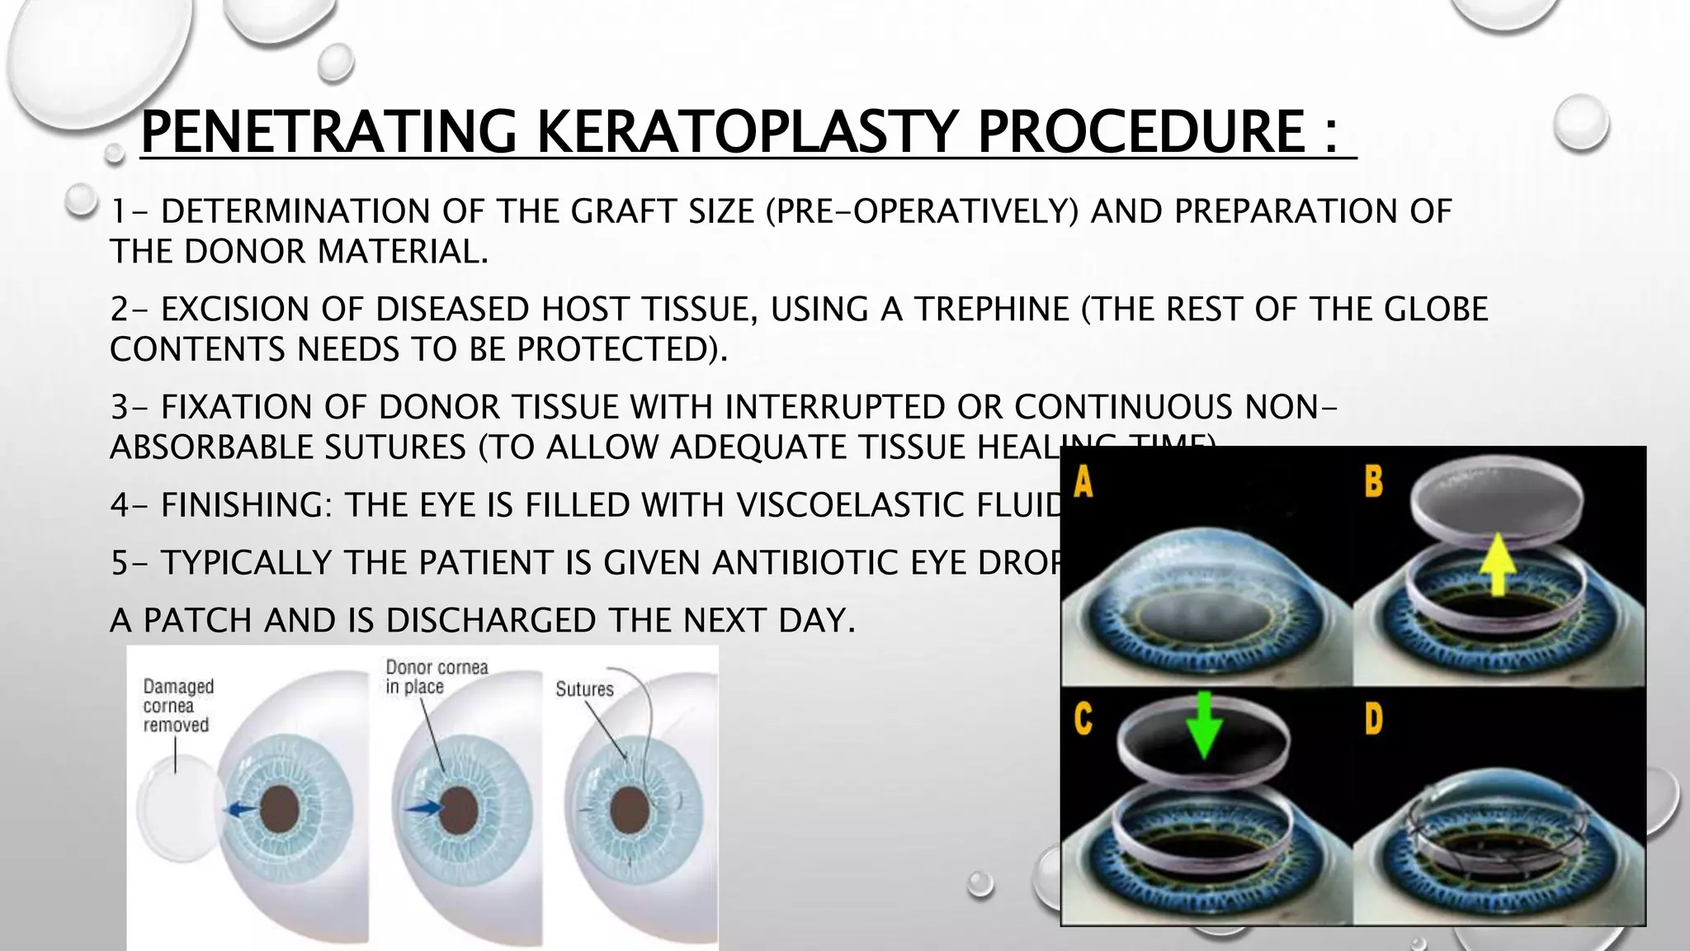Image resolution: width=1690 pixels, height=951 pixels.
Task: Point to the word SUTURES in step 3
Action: coord(396,447)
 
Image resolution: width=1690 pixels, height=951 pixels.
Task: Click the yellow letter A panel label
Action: coord(1083,481)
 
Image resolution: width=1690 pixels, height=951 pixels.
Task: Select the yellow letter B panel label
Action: coord(1373,481)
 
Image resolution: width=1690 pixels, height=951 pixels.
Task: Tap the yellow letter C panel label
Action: coord(1083,718)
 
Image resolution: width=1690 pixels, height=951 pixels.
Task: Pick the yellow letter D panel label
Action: coord(1373,718)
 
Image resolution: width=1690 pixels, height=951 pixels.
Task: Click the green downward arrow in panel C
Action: coord(1203,724)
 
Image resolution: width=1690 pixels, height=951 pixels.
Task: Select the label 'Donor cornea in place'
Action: coord(437,677)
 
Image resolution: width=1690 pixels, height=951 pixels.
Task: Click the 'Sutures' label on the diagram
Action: coord(584,689)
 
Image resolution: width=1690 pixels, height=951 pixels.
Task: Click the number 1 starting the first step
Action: coord(119,212)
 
